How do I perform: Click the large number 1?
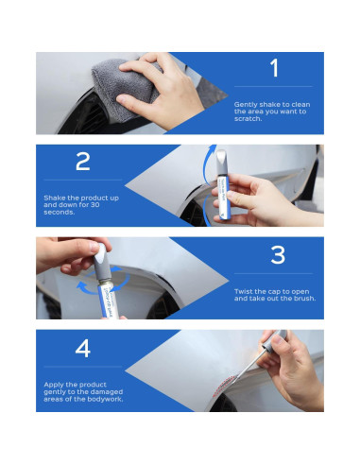(x=274, y=67)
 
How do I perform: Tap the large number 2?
(x=83, y=162)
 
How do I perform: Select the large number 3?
(x=278, y=254)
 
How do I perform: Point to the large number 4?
(x=83, y=348)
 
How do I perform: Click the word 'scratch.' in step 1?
(x=248, y=119)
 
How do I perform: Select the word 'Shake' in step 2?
(x=55, y=198)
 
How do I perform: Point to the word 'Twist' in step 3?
(x=243, y=291)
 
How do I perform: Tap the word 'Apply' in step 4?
(x=54, y=385)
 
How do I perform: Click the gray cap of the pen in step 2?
(x=222, y=163)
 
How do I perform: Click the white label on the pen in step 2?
(x=223, y=198)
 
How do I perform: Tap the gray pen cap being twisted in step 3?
(x=101, y=262)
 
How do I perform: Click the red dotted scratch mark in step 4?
(x=224, y=385)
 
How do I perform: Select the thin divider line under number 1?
(x=273, y=86)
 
